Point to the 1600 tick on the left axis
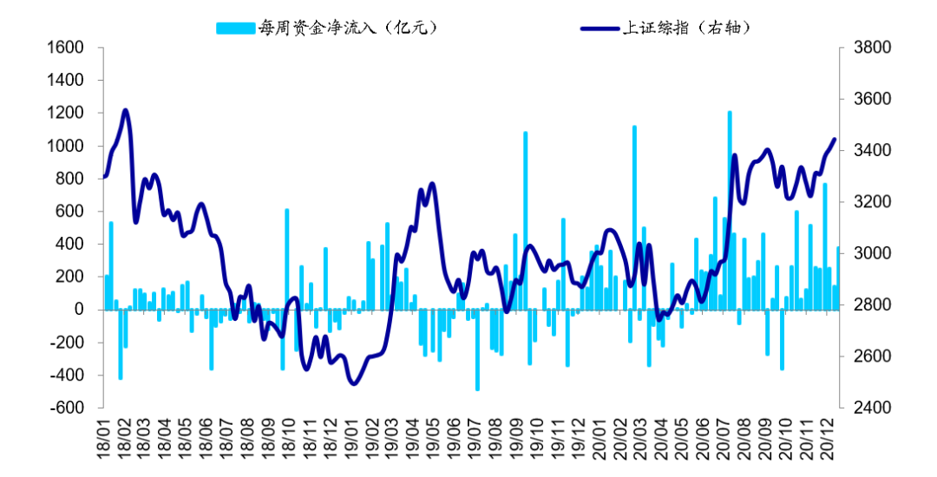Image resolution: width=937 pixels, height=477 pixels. [x=66, y=48]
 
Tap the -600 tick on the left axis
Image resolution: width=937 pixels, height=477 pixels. [x=69, y=408]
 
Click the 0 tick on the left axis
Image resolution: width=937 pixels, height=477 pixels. [x=78, y=310]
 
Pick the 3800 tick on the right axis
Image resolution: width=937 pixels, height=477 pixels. [x=868, y=48]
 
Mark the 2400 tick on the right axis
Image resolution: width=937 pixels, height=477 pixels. [x=868, y=408]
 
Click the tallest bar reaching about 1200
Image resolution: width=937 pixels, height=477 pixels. [x=729, y=208]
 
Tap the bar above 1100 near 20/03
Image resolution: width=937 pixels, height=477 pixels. [x=634, y=217]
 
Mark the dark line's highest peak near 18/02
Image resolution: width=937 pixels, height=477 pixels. [x=126, y=110]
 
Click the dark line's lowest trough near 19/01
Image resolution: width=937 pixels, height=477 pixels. [x=353, y=383]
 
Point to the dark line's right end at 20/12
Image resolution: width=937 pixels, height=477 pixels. [x=835, y=139]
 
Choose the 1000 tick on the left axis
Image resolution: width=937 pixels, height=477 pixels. [x=66, y=146]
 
